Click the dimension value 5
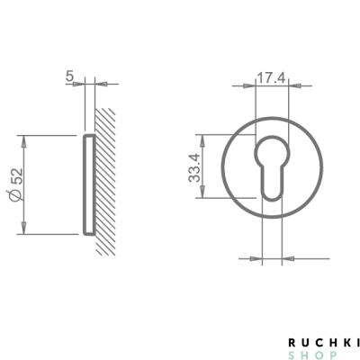point(69,76)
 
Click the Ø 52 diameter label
point(16,184)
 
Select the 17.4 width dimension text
point(271,78)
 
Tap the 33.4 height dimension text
point(194,167)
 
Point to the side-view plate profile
point(89,184)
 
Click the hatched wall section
point(105,182)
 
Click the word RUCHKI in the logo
point(324,342)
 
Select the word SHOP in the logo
point(312,355)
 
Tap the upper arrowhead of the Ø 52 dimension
point(23,141)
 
